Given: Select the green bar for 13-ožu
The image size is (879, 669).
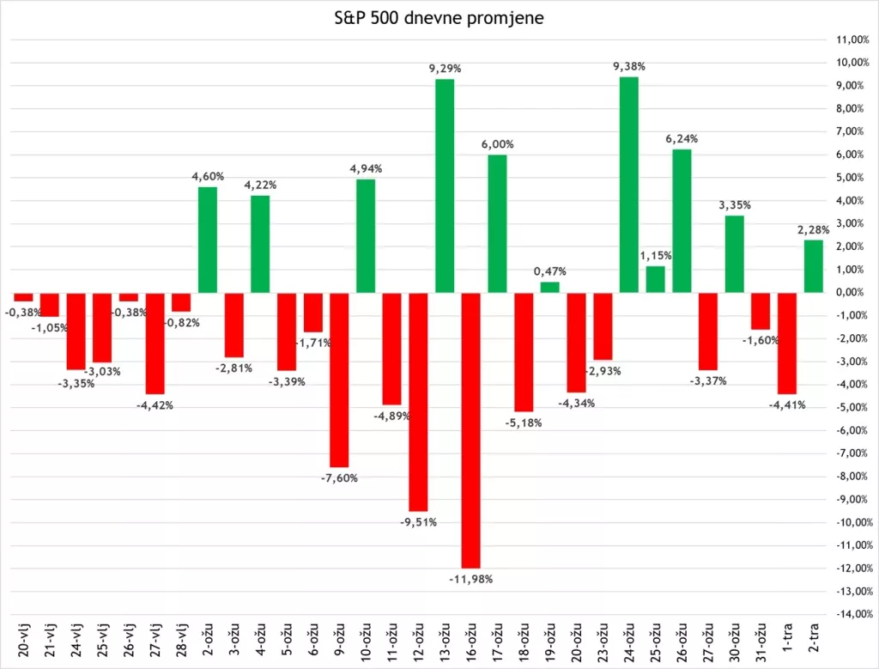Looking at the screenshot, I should coord(444,185).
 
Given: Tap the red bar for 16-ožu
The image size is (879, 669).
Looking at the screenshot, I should coord(470,429).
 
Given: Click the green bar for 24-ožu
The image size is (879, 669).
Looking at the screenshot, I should coord(628,184).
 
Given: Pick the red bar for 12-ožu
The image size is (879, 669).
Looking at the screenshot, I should coord(418,401).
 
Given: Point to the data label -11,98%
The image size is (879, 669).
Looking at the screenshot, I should coord(470,579).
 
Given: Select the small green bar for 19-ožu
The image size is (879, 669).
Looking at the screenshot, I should coord(549,287).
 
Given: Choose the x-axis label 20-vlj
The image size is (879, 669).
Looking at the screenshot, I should coord(23,640).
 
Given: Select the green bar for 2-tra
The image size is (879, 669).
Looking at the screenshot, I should coord(813,265).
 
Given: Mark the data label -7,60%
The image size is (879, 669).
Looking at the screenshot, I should coord(339,477).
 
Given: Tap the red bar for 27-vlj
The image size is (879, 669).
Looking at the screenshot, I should coord(155,343).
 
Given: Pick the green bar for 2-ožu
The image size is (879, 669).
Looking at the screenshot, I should coord(207,239).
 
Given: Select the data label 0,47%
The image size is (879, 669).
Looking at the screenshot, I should coord(550,271).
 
